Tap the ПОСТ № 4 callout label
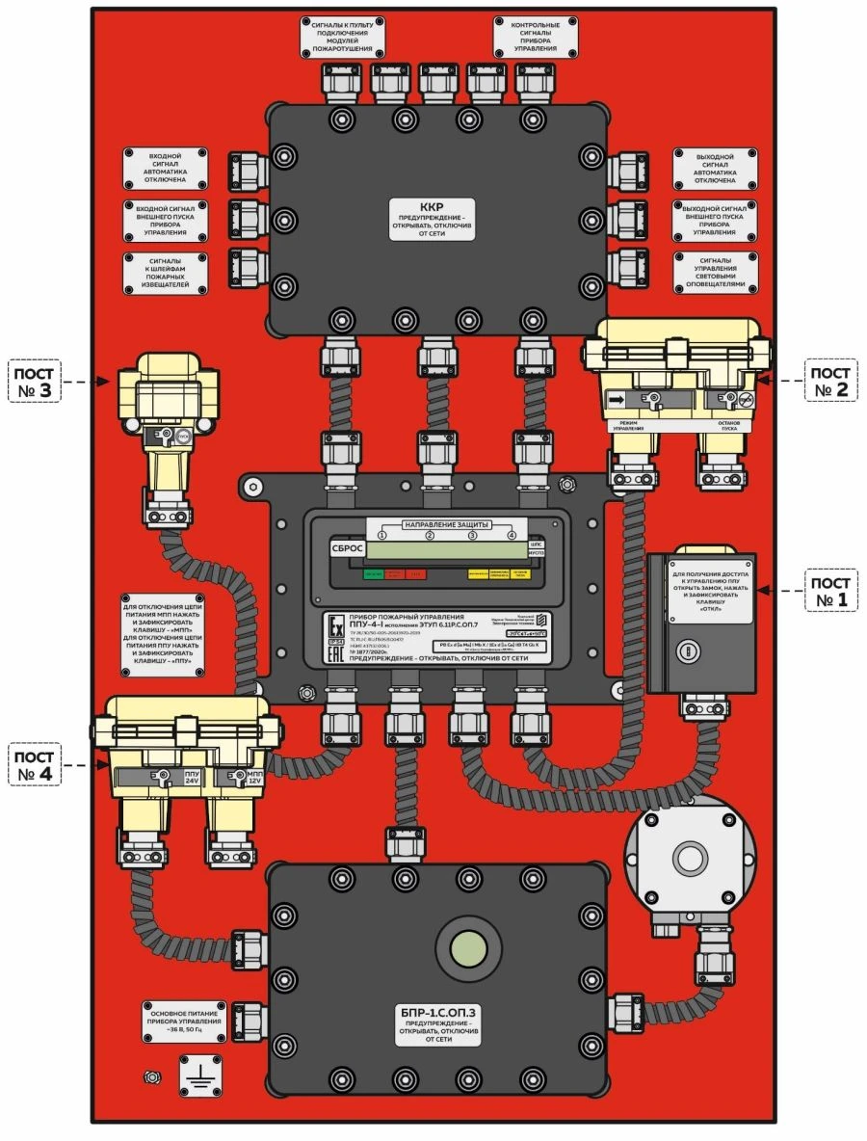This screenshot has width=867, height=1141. click(x=35, y=763)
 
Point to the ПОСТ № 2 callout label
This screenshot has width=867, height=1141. click(x=830, y=381)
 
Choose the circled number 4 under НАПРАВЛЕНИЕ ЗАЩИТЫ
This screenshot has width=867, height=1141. click(x=512, y=536)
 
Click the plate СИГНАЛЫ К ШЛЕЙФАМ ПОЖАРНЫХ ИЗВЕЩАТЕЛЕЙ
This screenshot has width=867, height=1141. click(x=163, y=275)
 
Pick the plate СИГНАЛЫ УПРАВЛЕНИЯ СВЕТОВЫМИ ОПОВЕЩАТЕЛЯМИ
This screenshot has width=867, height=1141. click(x=715, y=274)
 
